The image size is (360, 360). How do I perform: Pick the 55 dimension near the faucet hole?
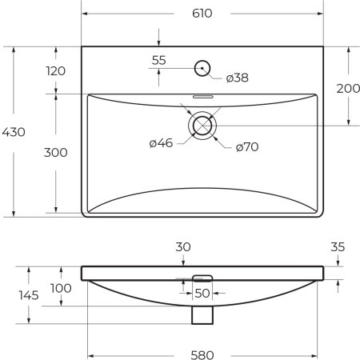[158, 60]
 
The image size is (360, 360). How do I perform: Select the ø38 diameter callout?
[238, 78]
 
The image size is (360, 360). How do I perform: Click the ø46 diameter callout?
[161, 143]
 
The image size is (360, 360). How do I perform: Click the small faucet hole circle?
[202, 66]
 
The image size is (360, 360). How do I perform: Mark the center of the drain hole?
[202, 126]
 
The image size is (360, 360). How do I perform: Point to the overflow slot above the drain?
[202, 97]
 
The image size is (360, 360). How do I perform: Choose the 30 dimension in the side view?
[183, 248]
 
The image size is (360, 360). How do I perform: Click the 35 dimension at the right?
[338, 247]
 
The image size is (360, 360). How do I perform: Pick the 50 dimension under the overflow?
[202, 294]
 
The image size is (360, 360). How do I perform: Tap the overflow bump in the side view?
[202, 277]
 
